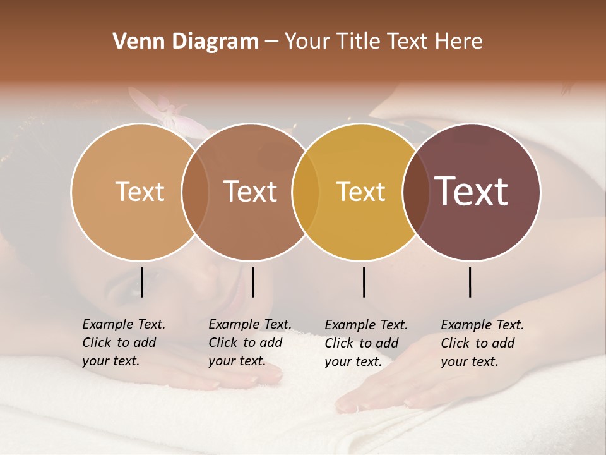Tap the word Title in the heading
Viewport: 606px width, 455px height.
point(360,41)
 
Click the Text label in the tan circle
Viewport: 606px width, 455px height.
point(140,191)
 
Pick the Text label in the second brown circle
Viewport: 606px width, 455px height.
point(250,191)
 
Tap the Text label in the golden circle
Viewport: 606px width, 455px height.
point(360,191)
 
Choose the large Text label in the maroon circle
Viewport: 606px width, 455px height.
point(472,191)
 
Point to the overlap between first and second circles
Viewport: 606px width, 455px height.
point(195,192)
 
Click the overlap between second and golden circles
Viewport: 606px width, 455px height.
point(306,192)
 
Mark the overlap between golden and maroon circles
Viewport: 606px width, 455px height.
point(416,192)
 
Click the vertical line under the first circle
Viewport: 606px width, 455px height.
point(141,282)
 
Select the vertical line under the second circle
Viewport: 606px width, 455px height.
point(252,282)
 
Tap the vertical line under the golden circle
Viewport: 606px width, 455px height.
point(364,282)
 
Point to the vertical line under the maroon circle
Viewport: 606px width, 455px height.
point(470,282)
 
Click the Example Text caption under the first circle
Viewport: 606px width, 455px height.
point(123,343)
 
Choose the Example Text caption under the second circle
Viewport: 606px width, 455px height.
point(249,343)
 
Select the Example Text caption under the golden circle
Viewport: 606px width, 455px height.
point(365,343)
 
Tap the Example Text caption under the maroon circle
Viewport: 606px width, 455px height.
point(482,343)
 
